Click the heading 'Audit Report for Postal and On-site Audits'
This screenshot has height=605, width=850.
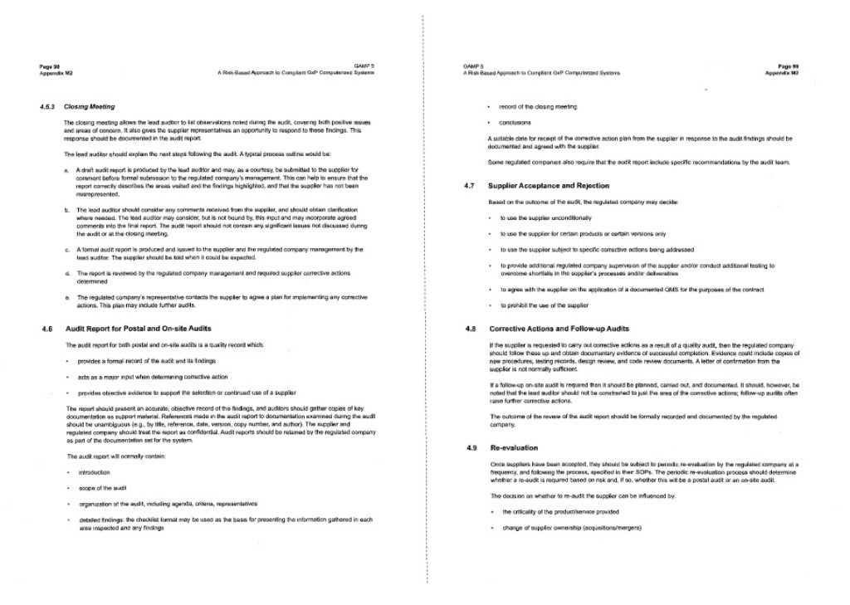tap(132, 329)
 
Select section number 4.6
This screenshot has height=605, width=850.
tap(47, 329)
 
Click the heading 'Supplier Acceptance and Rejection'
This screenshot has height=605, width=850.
tap(549, 186)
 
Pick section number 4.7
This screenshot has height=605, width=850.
tap(469, 186)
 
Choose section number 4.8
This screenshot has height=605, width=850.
tap(469, 329)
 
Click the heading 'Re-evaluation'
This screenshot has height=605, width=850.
tap(514, 448)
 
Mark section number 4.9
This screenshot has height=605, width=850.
tap(469, 448)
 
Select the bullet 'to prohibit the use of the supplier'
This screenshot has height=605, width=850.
tap(545, 305)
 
